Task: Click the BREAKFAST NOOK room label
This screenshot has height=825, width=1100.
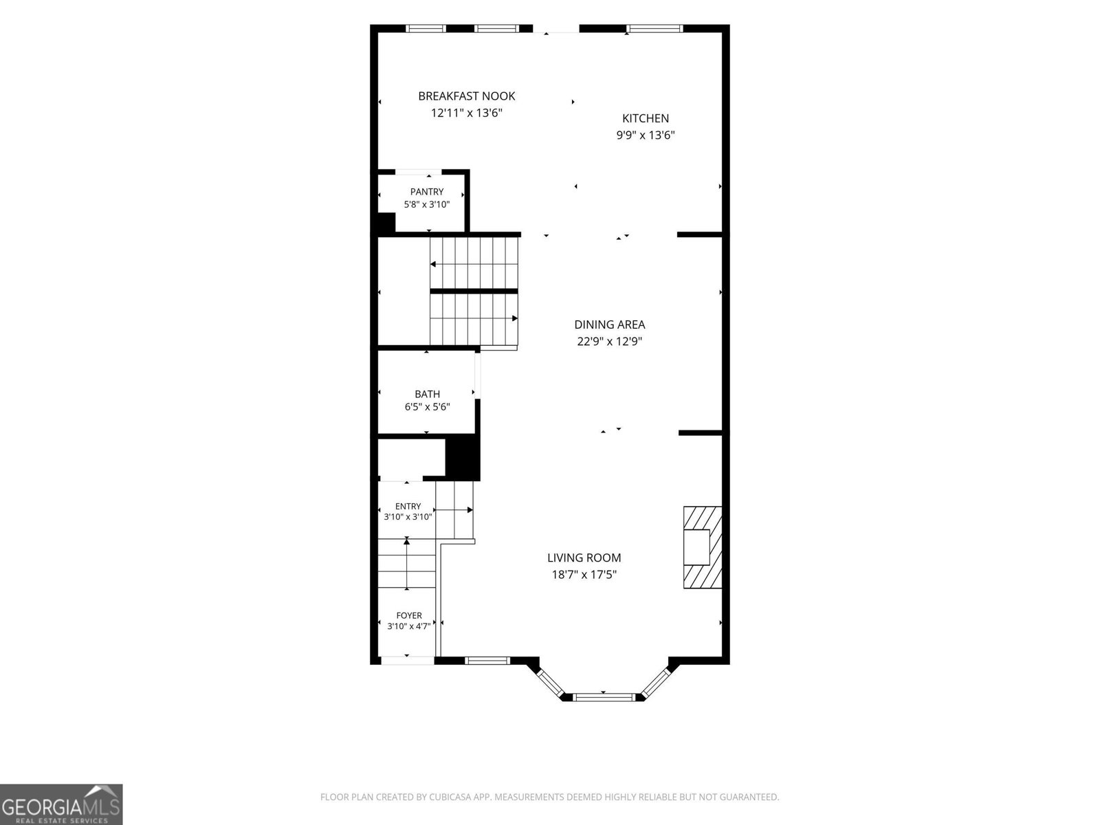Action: click(467, 96)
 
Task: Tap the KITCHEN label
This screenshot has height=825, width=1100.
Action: click(646, 118)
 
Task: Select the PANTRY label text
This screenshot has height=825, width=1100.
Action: click(427, 192)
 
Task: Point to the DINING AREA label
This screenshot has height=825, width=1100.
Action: click(609, 324)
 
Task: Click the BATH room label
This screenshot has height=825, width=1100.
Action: click(427, 394)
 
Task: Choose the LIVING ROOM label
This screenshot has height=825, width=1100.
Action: click(584, 558)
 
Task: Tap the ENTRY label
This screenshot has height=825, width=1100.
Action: click(408, 507)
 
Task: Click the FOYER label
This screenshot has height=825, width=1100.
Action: click(409, 615)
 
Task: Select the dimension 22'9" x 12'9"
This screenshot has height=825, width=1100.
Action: click(609, 342)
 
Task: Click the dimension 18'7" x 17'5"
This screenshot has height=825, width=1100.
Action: click(584, 575)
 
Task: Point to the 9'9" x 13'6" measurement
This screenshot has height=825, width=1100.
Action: click(646, 135)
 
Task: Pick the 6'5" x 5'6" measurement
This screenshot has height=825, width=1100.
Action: click(427, 407)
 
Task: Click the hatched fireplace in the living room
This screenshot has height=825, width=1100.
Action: click(703, 547)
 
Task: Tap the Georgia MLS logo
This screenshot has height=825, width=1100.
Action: click(61, 804)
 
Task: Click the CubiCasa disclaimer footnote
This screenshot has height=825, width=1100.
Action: click(550, 797)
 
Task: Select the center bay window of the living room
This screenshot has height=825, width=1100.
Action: click(604, 696)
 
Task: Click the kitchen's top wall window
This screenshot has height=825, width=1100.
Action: click(654, 29)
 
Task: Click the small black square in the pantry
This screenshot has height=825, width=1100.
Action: click(386, 222)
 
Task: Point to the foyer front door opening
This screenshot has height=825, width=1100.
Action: click(408, 661)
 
